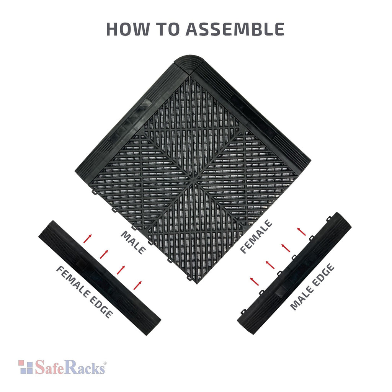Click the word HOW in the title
pyautogui.click(x=127, y=29)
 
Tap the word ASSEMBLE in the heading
pyautogui.click(x=235, y=29)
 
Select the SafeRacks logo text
pyautogui.click(x=70, y=367)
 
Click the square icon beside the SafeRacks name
pyautogui.click(x=26, y=367)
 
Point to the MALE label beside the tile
pyautogui.click(x=134, y=242)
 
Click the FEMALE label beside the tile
pyautogui.click(x=256, y=236)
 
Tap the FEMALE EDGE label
pyautogui.click(x=84, y=292)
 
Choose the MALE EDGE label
pyautogui.click(x=312, y=287)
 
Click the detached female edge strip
pyautogui.click(x=100, y=278)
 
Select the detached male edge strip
pyautogui.click(x=294, y=273)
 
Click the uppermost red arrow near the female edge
pyautogui.click(x=88, y=238)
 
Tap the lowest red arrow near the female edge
pyautogui.click(x=137, y=285)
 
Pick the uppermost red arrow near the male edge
pyautogui.click(x=301, y=232)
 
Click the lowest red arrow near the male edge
pyautogui.click(x=254, y=281)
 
